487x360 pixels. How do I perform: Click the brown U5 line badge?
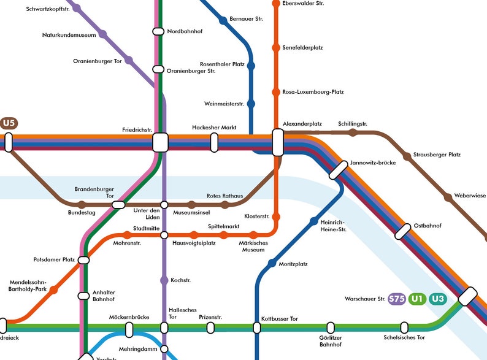click(x=9, y=123)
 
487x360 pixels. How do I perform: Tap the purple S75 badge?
click(x=397, y=299)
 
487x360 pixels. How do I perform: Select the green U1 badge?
click(x=418, y=299)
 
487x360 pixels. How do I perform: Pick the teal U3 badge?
click(x=438, y=299)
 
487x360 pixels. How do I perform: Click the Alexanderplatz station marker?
click(x=277, y=143)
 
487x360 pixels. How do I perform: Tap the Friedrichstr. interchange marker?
click(x=160, y=142)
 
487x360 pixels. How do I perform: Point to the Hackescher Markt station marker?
click(x=214, y=142)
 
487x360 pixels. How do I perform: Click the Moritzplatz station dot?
click(x=272, y=264)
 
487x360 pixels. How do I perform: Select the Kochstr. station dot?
click(x=164, y=280)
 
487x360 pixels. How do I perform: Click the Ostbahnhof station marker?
click(x=402, y=232)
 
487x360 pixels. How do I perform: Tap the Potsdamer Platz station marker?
click(x=84, y=260)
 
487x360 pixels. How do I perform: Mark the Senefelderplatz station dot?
click(x=276, y=48)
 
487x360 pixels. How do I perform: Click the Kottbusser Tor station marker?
click(x=257, y=327)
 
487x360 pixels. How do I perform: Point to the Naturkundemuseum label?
click(x=69, y=35)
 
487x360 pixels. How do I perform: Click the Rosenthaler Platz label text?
click(x=222, y=64)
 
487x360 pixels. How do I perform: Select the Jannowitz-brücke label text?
click(x=372, y=163)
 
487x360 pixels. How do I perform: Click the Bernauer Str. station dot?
click(x=223, y=20)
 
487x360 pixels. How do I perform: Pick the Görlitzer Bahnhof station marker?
click(x=331, y=327)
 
